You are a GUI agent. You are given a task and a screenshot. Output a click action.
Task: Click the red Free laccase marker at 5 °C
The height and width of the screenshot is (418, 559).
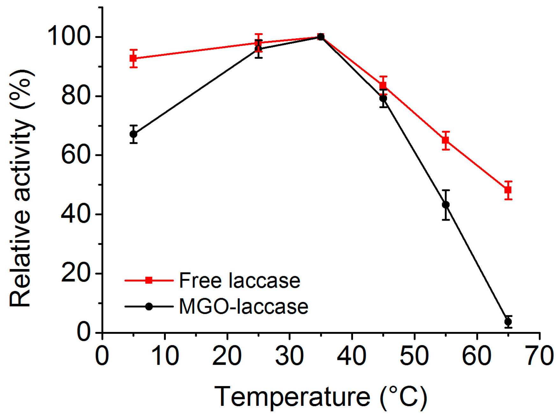coord(133,58)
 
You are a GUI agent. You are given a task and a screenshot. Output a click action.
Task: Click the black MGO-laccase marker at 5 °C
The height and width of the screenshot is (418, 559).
coord(133,134)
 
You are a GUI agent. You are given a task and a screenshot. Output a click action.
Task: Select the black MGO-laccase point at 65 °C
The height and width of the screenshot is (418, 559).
coord(508,322)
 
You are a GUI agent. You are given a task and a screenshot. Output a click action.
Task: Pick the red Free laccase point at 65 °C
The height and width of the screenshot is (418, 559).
coord(508,190)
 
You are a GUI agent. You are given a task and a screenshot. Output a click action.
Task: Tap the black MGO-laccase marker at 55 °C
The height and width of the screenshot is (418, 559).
coord(446,205)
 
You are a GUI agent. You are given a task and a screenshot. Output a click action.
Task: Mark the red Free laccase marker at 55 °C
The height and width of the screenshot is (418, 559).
coord(446,140)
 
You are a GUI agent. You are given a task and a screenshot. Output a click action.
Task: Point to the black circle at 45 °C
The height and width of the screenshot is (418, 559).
coord(383,99)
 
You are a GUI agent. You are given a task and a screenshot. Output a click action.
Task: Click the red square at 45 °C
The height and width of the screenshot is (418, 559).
coord(383,85)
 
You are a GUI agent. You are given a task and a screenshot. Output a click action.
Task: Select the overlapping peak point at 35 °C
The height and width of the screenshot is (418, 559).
coord(321,37)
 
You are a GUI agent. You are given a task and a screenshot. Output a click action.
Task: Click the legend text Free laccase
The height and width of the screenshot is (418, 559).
coord(239,281)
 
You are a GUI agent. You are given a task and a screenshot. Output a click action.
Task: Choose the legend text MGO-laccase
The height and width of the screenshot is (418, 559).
coord(244,307)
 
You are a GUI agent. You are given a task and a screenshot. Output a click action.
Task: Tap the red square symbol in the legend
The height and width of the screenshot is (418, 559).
coord(149,281)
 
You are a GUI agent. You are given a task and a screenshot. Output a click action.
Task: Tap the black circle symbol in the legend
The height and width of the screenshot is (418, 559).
coord(149,307)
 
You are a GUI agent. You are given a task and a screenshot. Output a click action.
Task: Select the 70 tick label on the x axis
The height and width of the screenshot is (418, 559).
coord(540,356)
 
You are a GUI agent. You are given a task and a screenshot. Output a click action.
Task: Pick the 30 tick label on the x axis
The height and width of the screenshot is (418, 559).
coord(290,356)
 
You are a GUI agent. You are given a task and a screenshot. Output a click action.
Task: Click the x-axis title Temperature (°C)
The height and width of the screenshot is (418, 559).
coord(321,397)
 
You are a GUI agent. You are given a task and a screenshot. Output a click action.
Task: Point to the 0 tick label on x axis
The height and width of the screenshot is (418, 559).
coord(102,356)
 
